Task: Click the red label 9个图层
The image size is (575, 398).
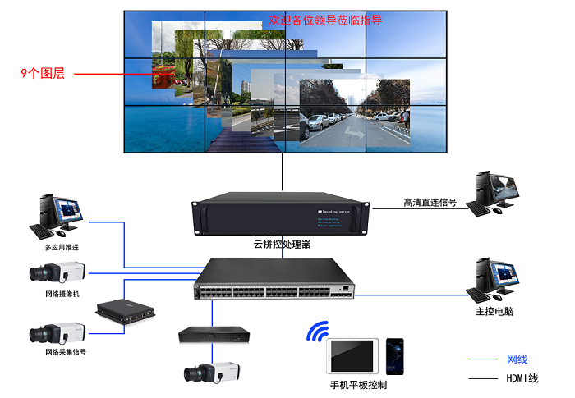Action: pyautogui.click(x=42, y=74)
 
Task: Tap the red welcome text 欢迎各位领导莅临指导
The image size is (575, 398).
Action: pyautogui.click(x=325, y=20)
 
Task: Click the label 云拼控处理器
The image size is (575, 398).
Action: pyautogui.click(x=282, y=244)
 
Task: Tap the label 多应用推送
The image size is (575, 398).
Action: pyautogui.click(x=62, y=247)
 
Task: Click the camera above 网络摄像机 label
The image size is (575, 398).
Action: pyautogui.click(x=58, y=272)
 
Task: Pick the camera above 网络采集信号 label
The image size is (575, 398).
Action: pyautogui.click(x=59, y=332)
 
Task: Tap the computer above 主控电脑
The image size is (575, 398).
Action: pyautogui.click(x=495, y=281)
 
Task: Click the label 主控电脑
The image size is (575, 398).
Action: pyautogui.click(x=494, y=312)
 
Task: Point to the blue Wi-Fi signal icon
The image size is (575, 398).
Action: pyautogui.click(x=317, y=332)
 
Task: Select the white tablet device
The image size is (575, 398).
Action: pyautogui.click(x=353, y=357)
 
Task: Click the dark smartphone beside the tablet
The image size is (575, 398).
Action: pyautogui.click(x=396, y=357)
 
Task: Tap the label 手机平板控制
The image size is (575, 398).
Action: pyautogui.click(x=358, y=385)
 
